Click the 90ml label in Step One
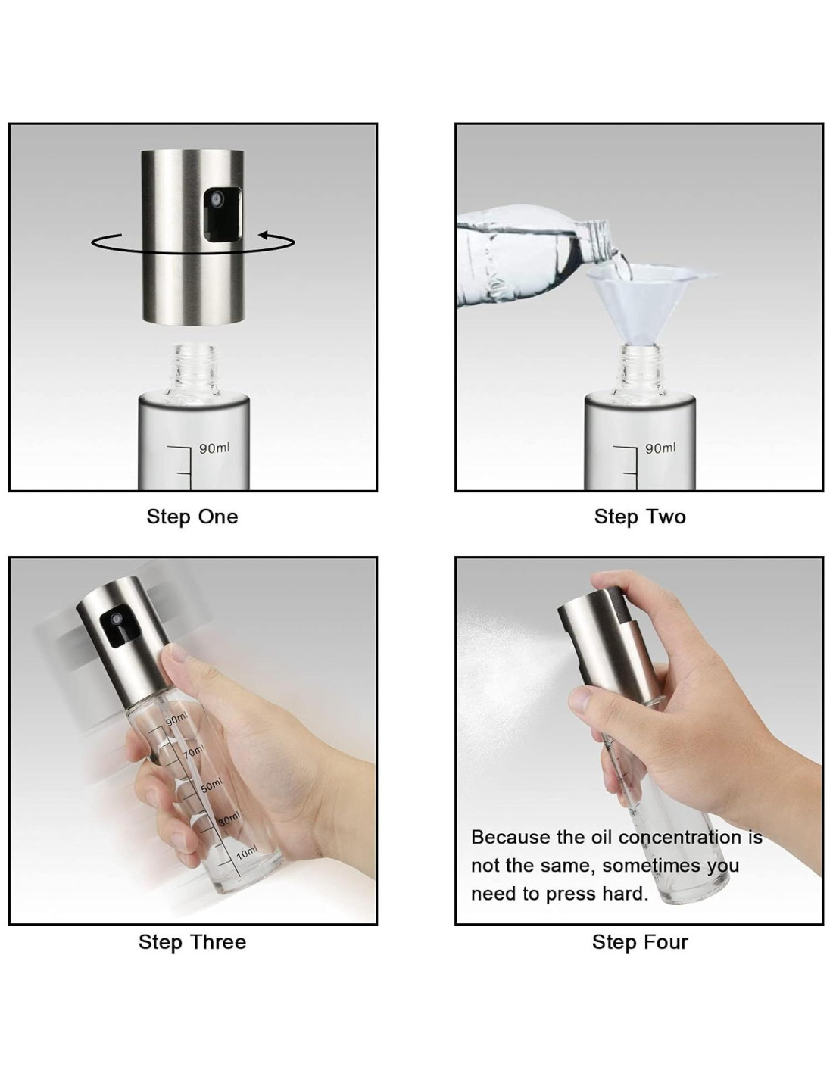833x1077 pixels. (214, 448)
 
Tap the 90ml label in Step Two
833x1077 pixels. (660, 448)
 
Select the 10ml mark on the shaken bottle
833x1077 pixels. (246, 853)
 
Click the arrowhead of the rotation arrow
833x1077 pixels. (267, 235)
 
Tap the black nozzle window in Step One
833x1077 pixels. (223, 214)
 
